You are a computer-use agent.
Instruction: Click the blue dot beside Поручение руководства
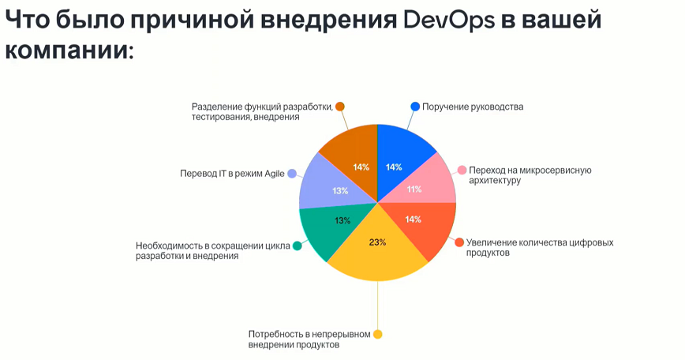pyautogui.click(x=415, y=107)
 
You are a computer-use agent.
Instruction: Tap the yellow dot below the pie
pyautogui.click(x=377, y=334)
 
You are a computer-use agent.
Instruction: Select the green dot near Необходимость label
pyautogui.click(x=297, y=246)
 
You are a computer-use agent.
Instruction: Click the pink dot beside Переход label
pyautogui.click(x=462, y=170)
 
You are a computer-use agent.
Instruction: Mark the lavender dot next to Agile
pyautogui.click(x=292, y=174)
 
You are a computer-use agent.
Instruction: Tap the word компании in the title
pyautogui.click(x=69, y=51)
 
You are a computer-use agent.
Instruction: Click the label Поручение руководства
pyautogui.click(x=473, y=107)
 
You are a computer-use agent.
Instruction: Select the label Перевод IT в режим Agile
pyautogui.click(x=232, y=174)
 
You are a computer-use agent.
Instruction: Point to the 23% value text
pyautogui.click(x=377, y=242)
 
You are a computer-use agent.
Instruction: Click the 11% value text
pyautogui.click(x=414, y=189)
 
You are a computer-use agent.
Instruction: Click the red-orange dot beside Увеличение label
pyautogui.click(x=459, y=242)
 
